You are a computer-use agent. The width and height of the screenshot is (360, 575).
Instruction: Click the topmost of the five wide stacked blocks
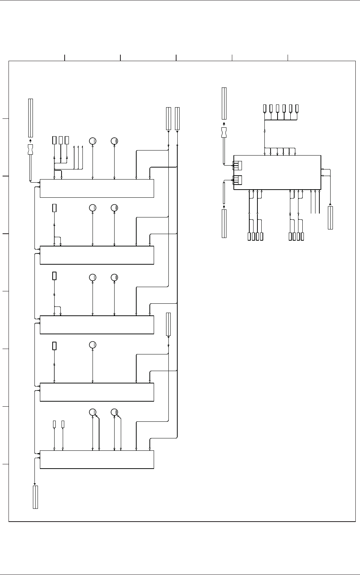(x=97, y=188)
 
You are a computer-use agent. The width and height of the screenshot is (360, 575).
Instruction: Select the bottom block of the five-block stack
(x=97, y=459)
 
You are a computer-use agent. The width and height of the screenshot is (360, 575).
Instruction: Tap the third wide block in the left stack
(x=97, y=325)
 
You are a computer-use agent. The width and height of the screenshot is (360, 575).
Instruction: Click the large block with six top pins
(x=277, y=173)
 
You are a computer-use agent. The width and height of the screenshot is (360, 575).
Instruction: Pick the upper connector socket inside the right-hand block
(x=237, y=166)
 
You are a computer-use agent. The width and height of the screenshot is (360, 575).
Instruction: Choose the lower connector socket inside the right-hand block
(x=237, y=180)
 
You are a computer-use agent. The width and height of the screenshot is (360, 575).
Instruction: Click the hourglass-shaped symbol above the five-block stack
(x=31, y=149)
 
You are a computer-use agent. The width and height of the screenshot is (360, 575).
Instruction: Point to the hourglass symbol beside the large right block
(x=224, y=133)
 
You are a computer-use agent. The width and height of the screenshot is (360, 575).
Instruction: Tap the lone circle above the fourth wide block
(x=93, y=345)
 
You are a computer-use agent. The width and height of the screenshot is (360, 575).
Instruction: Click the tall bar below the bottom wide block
(x=35, y=497)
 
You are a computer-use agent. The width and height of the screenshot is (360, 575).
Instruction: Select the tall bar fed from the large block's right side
(x=330, y=218)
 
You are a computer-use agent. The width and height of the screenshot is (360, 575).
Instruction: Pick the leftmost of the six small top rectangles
(x=265, y=108)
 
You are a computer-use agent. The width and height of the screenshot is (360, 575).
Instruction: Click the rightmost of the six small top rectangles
(x=297, y=108)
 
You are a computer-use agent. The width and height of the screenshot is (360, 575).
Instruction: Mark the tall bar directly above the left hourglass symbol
(x=31, y=118)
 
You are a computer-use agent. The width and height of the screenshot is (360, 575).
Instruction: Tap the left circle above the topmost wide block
(x=93, y=141)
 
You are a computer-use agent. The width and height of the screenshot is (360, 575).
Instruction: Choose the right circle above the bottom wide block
(x=114, y=412)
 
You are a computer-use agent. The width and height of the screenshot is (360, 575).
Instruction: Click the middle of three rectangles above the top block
(x=61, y=140)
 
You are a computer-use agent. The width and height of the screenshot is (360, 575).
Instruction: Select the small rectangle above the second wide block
(x=55, y=208)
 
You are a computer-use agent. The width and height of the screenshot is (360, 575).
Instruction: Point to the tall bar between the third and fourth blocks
(x=168, y=324)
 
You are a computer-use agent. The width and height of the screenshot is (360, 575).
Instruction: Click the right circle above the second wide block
(x=114, y=208)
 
